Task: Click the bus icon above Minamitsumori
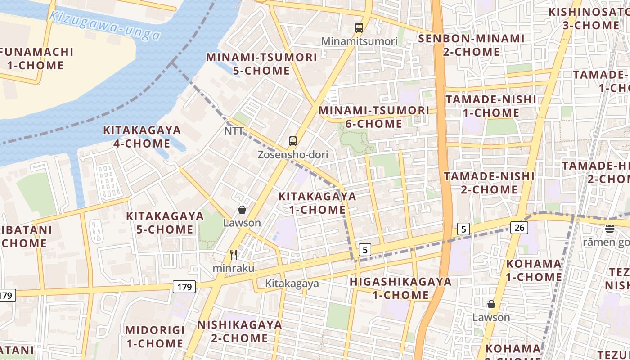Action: click(x=359, y=28)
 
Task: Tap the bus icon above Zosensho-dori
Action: click(x=293, y=141)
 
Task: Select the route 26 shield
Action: click(x=519, y=228)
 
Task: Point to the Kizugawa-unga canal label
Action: click(x=104, y=25)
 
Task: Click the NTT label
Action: click(x=234, y=131)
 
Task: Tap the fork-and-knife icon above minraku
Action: click(x=234, y=255)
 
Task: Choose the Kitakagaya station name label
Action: click(x=292, y=283)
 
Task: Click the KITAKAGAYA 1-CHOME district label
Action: click(x=317, y=203)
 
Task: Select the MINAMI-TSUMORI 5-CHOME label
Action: click(x=261, y=64)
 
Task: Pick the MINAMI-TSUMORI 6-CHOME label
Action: click(x=374, y=117)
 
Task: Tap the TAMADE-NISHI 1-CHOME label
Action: click(x=491, y=106)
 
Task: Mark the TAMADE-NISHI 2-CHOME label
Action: click(x=489, y=183)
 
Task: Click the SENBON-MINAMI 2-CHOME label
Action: click(x=471, y=45)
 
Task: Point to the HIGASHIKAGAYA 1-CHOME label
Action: click(x=400, y=288)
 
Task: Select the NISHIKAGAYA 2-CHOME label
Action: click(x=239, y=331)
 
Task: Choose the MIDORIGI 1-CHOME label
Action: click(x=155, y=337)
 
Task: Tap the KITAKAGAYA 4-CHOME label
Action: click(x=142, y=137)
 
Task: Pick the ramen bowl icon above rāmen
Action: click(x=610, y=229)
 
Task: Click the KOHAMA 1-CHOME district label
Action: click(x=534, y=270)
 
